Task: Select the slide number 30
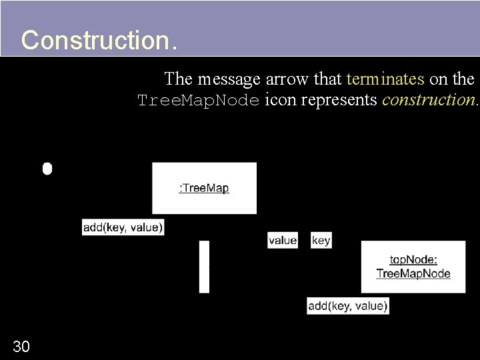point(21,346)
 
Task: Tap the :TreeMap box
point(204,188)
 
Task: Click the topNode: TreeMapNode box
point(413,267)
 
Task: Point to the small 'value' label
point(283,240)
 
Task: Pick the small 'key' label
point(321,240)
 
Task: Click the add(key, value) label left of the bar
point(123,227)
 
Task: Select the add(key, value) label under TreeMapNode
point(347,306)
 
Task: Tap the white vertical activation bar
point(204,267)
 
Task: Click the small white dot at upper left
point(47,168)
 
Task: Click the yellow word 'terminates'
point(385,79)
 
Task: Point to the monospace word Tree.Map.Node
point(197,101)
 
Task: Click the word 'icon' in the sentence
point(279,100)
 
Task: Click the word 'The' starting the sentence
point(178,79)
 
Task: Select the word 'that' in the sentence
point(327,79)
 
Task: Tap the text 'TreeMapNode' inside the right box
point(413,273)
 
